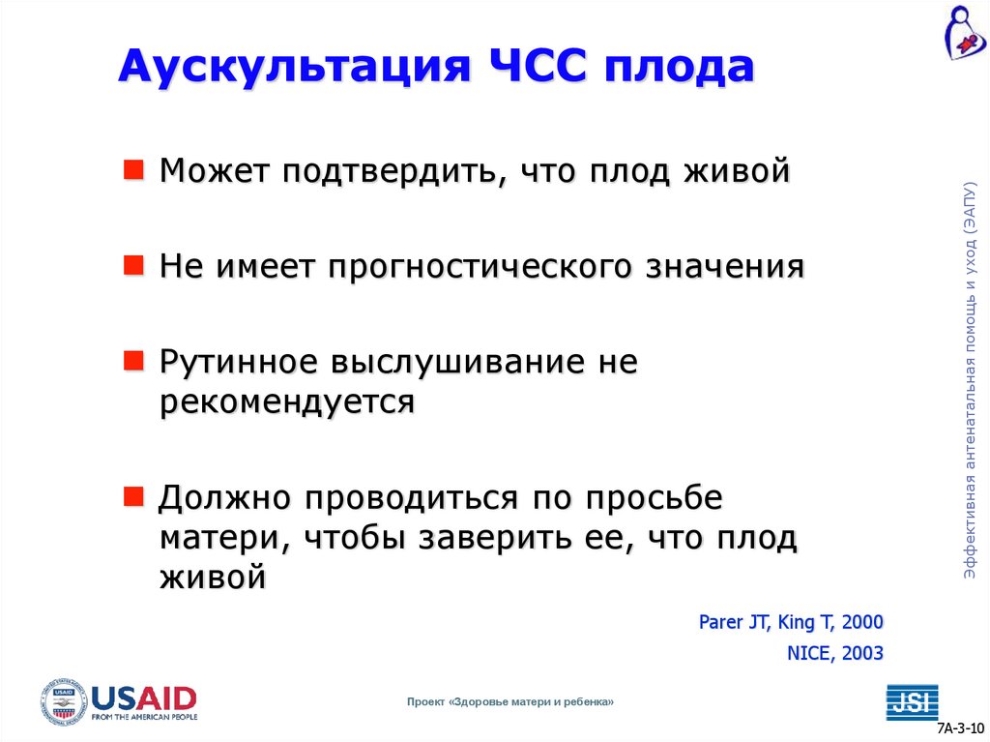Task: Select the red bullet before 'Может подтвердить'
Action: pos(134,171)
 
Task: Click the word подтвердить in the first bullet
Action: pos(392,172)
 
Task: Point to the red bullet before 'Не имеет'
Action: pos(134,265)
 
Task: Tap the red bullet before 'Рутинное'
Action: pos(134,361)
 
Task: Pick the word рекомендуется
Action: pos(287,401)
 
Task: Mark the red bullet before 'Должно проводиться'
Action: pos(134,496)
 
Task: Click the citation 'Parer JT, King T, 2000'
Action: pos(791,622)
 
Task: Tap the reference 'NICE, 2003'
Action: pos(834,653)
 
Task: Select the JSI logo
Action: pos(912,701)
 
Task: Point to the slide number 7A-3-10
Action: pos(960,728)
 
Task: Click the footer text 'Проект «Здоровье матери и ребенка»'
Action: pos(510,701)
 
